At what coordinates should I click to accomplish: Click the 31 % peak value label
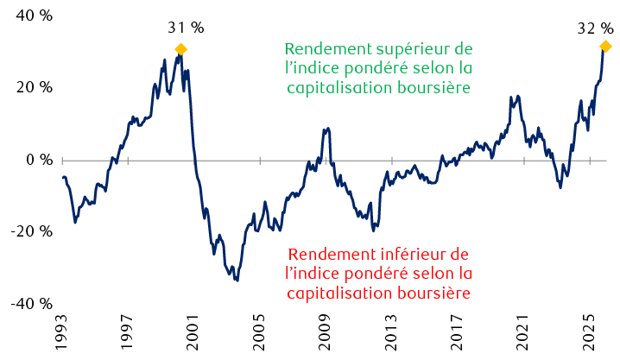pyautogui.click(x=186, y=28)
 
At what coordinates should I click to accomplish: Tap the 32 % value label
pyautogui.click(x=594, y=28)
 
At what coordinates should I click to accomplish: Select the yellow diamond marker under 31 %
pyautogui.click(x=180, y=49)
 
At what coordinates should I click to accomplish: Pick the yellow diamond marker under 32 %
pyautogui.click(x=605, y=46)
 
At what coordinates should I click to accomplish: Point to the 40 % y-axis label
pyautogui.click(x=32, y=15)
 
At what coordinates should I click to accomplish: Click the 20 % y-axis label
pyautogui.click(x=32, y=87)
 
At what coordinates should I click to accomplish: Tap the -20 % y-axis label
pyautogui.click(x=29, y=231)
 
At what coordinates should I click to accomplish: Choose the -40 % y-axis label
pyautogui.click(x=29, y=304)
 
